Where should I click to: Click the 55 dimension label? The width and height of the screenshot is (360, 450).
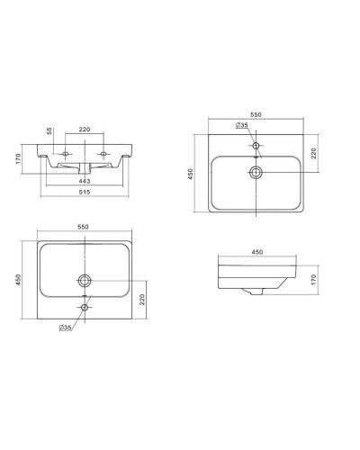click(49, 130)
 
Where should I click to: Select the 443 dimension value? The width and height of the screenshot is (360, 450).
click(85, 181)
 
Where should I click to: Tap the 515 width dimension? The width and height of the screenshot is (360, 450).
click(85, 192)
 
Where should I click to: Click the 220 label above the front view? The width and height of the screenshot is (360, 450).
click(85, 130)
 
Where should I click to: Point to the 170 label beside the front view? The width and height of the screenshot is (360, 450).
click(19, 158)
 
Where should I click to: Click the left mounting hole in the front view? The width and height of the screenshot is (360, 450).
click(66, 154)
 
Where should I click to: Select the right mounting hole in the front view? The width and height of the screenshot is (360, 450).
click(103, 154)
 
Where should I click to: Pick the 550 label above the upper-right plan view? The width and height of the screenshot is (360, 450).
click(256, 114)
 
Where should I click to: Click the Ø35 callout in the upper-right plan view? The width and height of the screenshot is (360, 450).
click(242, 125)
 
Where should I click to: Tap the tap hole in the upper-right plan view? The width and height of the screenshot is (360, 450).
click(256, 146)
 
